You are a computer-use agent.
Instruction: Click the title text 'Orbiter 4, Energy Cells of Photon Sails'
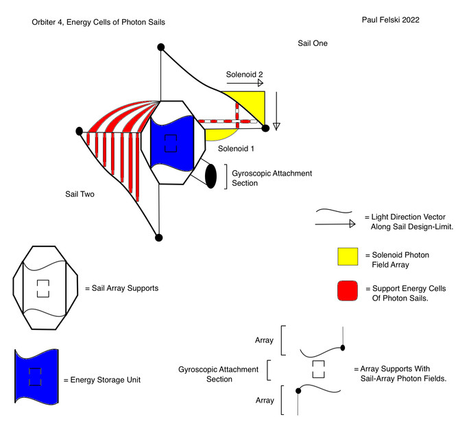[98, 23]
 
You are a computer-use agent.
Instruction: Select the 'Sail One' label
[313, 43]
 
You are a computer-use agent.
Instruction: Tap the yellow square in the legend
[349, 257]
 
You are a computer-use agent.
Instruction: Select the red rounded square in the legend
[349, 291]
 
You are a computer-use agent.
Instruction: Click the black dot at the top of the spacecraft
[160, 47]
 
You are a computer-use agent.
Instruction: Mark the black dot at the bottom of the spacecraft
[159, 238]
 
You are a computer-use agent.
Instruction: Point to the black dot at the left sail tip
[80, 130]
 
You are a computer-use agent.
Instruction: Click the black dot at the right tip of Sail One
[265, 128]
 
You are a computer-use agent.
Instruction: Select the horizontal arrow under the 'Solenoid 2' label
[244, 83]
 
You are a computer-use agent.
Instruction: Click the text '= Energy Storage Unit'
[101, 379]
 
